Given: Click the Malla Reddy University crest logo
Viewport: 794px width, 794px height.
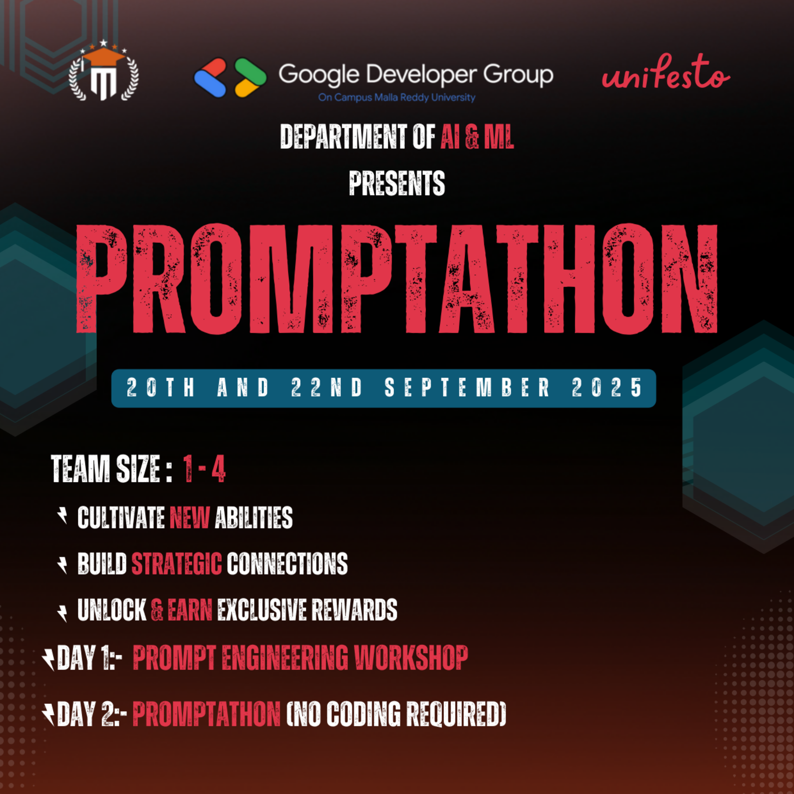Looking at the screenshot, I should coord(104,73).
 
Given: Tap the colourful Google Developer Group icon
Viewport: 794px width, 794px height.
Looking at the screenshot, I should coord(230,77).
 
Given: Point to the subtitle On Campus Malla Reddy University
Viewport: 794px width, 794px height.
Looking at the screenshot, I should coord(397,98).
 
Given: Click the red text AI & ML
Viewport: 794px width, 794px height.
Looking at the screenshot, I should coord(477,137).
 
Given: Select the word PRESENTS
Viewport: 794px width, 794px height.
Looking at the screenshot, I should coord(397,183).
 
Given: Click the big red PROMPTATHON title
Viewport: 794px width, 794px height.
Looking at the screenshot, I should coord(397,279).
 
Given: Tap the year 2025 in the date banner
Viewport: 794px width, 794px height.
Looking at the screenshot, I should coord(607,387).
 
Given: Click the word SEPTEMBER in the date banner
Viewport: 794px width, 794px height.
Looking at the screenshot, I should coord(467,387).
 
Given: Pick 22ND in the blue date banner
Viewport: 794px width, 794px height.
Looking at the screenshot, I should coord(327,387).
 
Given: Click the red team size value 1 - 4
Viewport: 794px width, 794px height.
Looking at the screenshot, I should coord(204,469).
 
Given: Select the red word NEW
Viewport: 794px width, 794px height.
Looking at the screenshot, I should coord(189,518).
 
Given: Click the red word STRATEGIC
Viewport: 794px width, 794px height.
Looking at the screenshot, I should coord(176,564).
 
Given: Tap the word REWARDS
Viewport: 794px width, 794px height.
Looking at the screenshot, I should coord(354,609).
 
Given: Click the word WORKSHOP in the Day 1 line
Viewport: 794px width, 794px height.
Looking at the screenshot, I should coord(411,658).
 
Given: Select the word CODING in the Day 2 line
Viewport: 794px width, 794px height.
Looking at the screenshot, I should coord(364,714).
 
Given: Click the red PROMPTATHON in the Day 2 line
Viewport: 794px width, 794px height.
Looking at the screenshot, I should coord(206,714).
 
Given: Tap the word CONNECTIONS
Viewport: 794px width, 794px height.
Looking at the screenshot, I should coord(287,564).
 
